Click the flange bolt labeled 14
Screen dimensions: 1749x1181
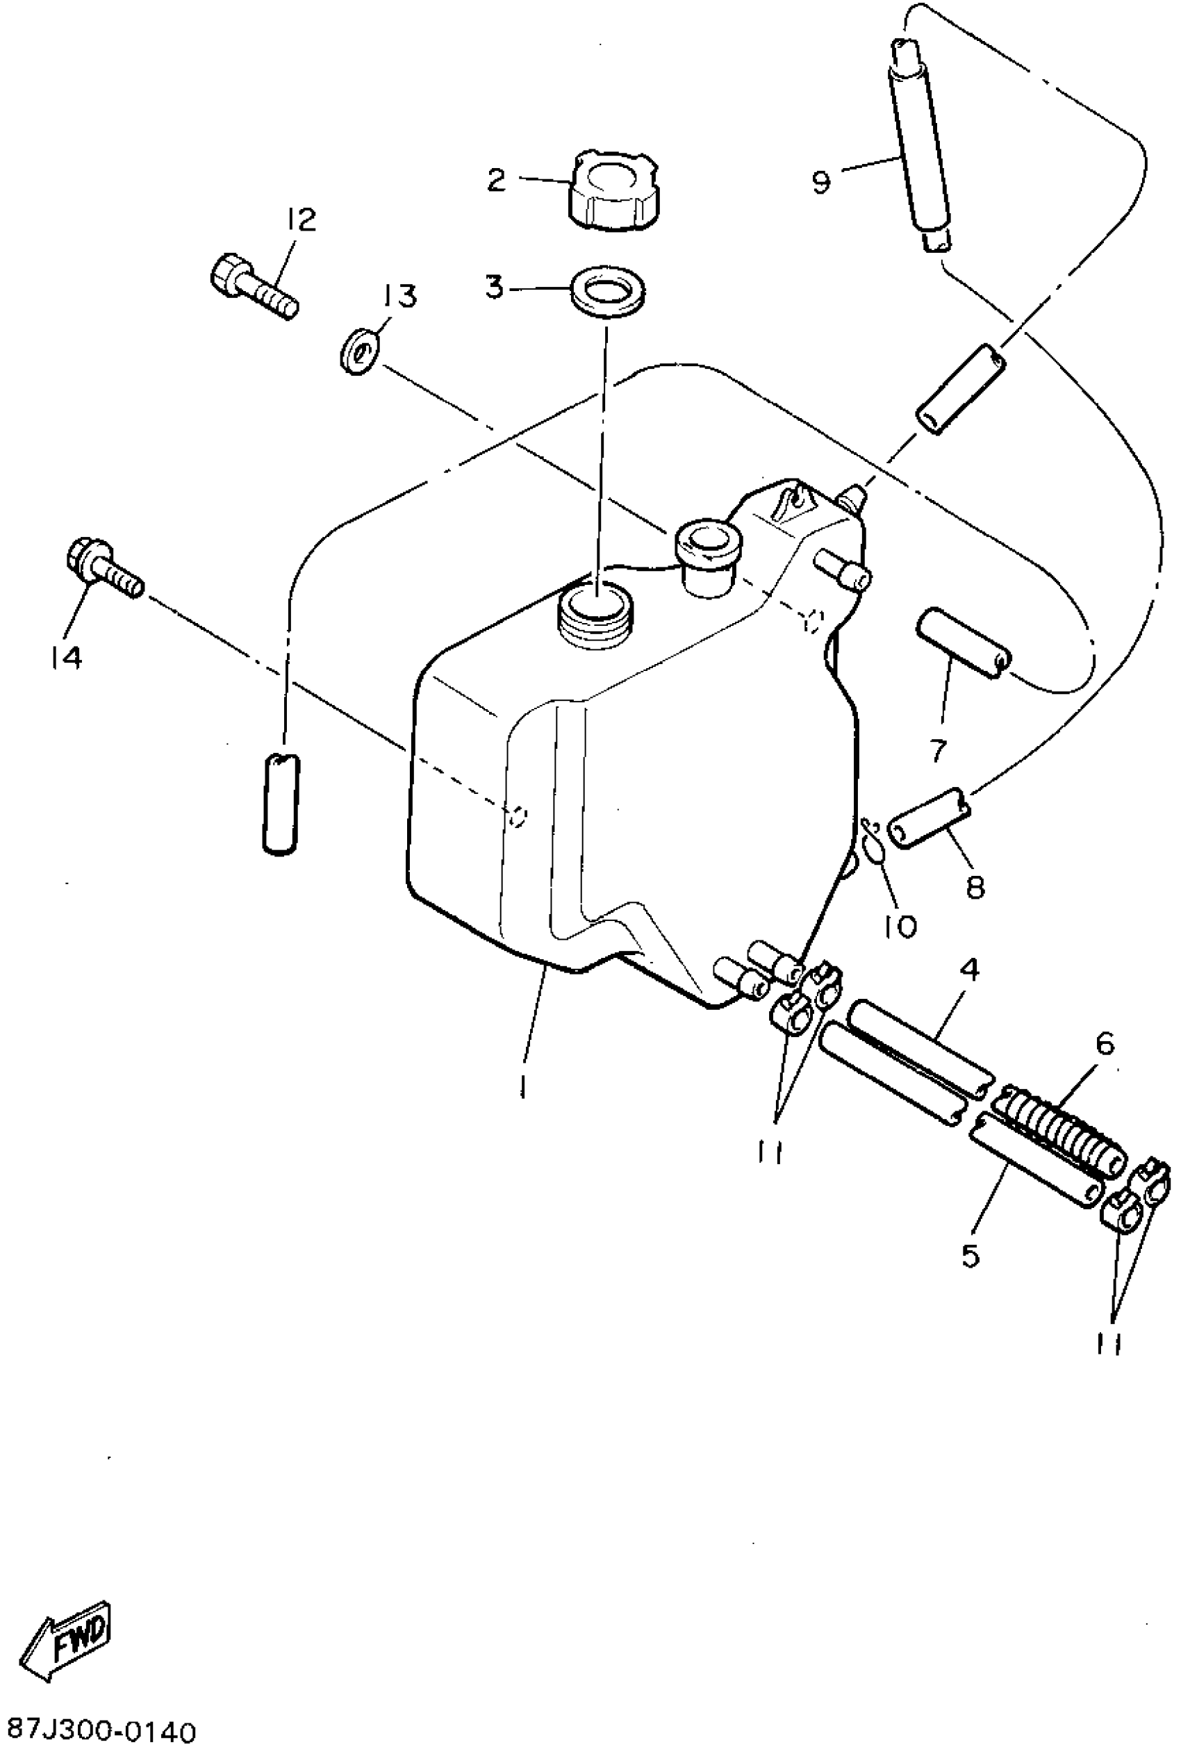(103, 568)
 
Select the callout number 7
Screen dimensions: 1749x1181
(938, 749)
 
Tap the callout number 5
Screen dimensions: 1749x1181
(971, 1254)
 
